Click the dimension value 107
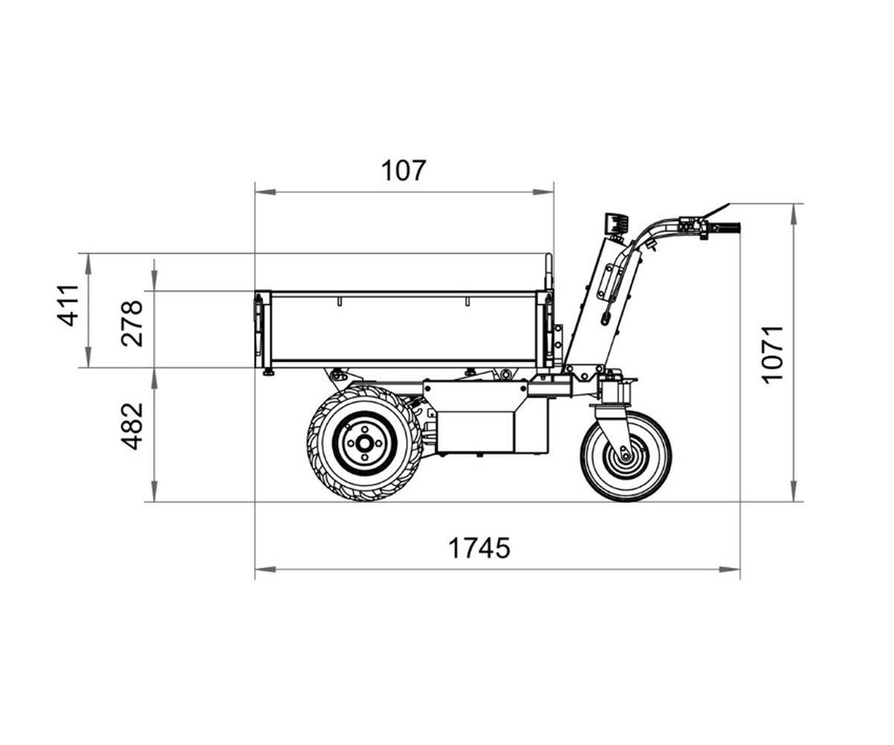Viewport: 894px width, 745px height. click(x=404, y=171)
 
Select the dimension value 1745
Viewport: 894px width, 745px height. click(x=479, y=548)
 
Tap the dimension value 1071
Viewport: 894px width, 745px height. click(x=772, y=355)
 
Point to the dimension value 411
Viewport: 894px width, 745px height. click(x=68, y=305)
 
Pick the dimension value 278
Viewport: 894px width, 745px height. click(x=131, y=323)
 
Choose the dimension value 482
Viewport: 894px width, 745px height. click(x=131, y=426)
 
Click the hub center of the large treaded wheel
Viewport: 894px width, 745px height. click(x=364, y=443)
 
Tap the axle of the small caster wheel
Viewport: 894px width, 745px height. click(x=625, y=457)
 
